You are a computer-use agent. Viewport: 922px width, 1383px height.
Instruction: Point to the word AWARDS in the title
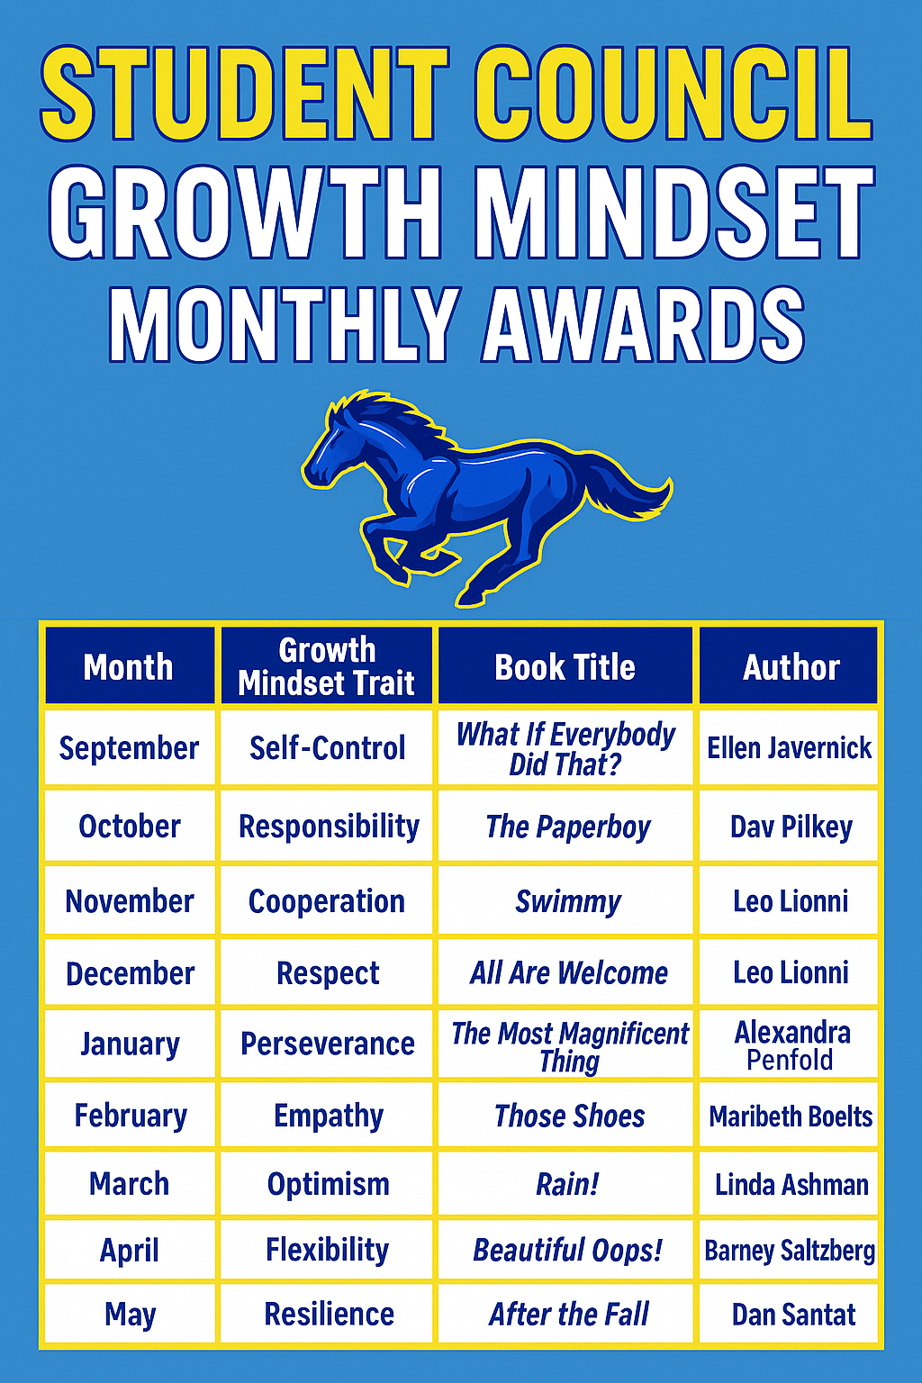click(x=644, y=323)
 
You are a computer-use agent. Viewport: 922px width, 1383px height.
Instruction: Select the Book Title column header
click(x=565, y=666)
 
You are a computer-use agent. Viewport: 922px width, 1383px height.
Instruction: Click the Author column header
click(x=790, y=666)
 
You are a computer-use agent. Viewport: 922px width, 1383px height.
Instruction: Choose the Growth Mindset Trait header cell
click(x=326, y=666)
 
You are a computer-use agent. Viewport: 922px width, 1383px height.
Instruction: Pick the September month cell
click(x=130, y=747)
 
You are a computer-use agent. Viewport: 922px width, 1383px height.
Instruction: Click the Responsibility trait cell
click(x=328, y=826)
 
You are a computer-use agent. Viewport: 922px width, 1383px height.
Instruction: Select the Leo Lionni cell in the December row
click(x=790, y=972)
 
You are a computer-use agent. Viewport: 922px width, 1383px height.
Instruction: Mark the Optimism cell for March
click(x=328, y=1184)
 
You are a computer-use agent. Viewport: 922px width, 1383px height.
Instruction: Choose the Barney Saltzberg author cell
click(x=790, y=1251)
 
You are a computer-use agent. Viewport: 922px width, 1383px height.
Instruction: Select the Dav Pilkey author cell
click(x=790, y=826)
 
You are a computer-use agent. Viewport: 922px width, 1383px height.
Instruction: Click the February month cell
click(x=130, y=1116)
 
